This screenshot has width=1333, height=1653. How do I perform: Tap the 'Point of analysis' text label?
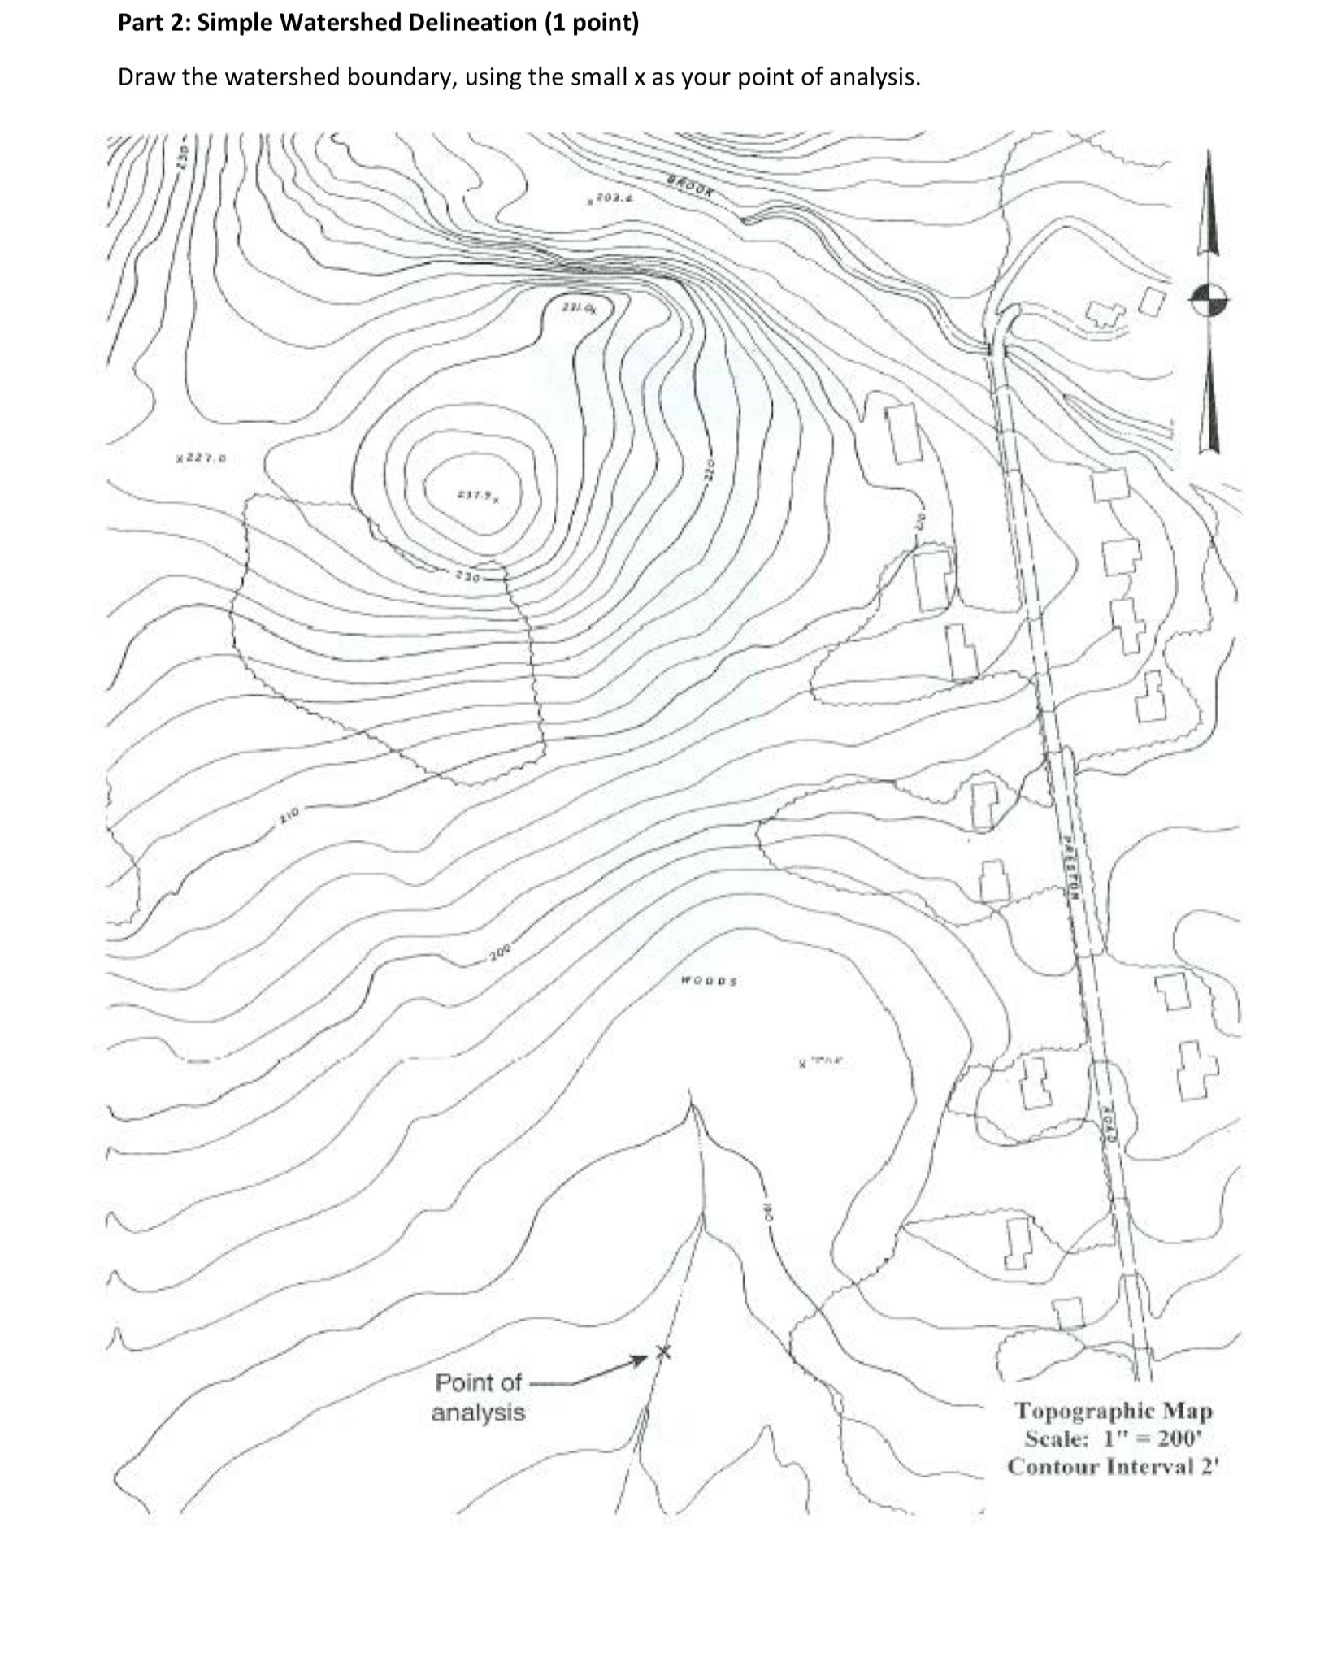[x=479, y=1397]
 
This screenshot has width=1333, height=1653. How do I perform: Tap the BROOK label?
[x=693, y=186]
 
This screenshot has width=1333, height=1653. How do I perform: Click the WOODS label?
[x=709, y=981]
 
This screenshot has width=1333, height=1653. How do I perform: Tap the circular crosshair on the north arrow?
[x=1209, y=301]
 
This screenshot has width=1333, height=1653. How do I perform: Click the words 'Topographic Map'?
[x=1113, y=1410]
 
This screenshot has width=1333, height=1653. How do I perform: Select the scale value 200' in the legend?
[x=1179, y=1438]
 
